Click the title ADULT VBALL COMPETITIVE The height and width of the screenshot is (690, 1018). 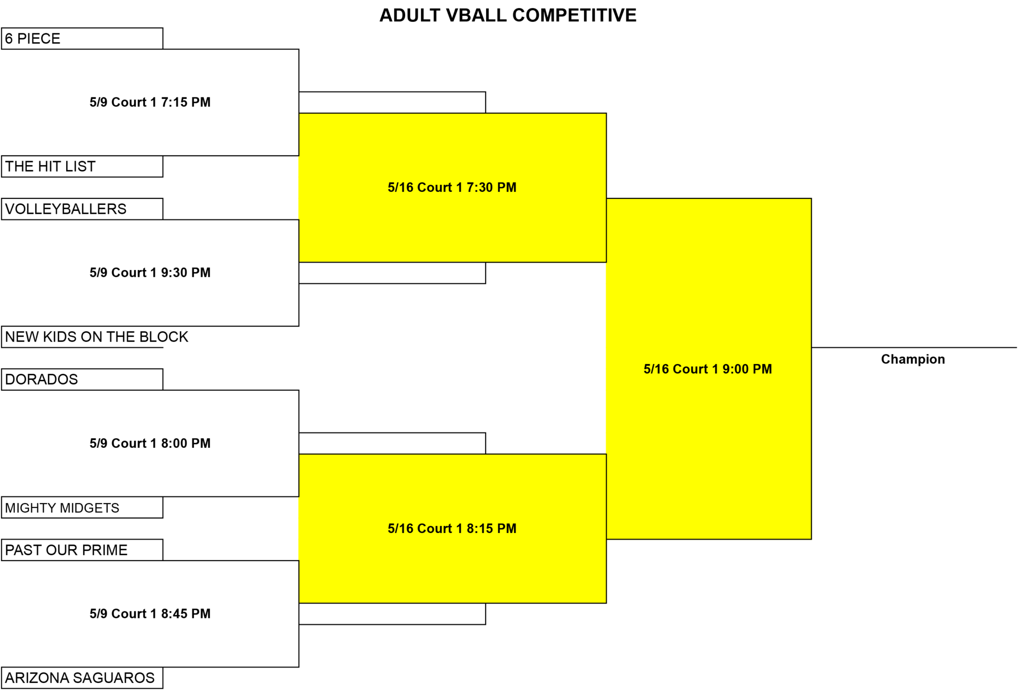pyautogui.click(x=508, y=15)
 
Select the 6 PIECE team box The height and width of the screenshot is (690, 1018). pyautogui.click(x=82, y=38)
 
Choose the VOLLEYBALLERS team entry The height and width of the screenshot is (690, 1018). pyautogui.click(x=82, y=209)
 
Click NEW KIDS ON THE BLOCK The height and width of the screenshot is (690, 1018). pyautogui.click(x=96, y=337)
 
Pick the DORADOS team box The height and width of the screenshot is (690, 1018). pyautogui.click(x=82, y=379)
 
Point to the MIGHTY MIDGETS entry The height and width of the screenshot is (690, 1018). pyautogui.click(x=82, y=508)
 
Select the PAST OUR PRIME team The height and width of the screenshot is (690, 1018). pyautogui.click(x=82, y=550)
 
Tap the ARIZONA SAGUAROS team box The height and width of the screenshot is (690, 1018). pyautogui.click(x=82, y=678)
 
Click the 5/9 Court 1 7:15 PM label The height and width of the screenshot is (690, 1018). pyautogui.click(x=150, y=102)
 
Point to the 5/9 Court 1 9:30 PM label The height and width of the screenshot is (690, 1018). pyautogui.click(x=150, y=273)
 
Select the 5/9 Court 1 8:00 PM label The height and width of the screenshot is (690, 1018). pyautogui.click(x=150, y=443)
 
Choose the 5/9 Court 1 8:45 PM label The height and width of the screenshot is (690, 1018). pyautogui.click(x=150, y=614)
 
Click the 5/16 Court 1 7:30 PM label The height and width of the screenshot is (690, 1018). pyautogui.click(x=452, y=187)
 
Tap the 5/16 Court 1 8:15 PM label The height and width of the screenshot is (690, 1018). pyautogui.click(x=452, y=528)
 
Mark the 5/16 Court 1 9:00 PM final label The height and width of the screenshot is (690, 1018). pyautogui.click(x=708, y=369)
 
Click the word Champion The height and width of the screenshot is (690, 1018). pyautogui.click(x=913, y=359)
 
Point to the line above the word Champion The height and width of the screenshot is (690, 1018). pyautogui.click(x=914, y=347)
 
